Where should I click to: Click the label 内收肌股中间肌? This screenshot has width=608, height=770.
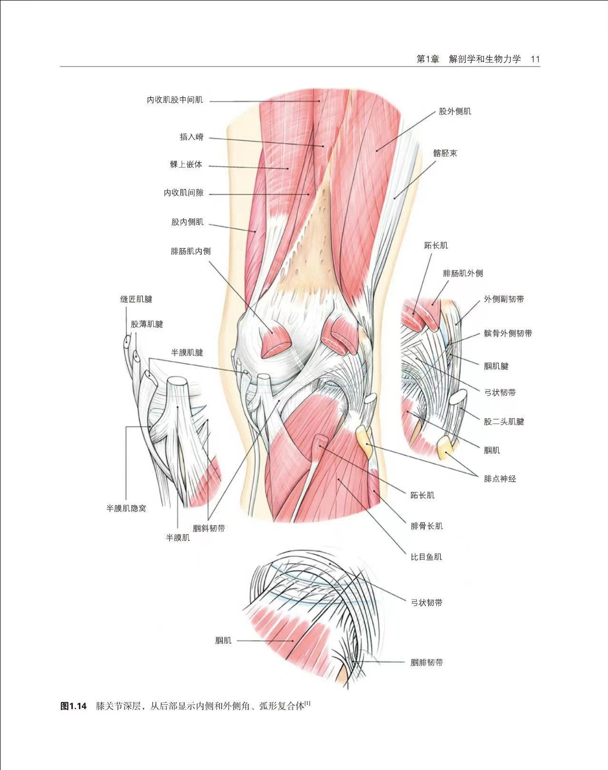click(x=175, y=100)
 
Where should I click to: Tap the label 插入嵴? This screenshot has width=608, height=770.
click(x=191, y=137)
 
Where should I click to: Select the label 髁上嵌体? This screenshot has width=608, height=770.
click(x=186, y=164)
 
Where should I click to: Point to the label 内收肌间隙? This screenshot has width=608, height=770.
click(x=184, y=192)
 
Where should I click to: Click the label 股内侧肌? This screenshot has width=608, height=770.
click(x=187, y=222)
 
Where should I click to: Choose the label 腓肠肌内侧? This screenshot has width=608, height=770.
click(x=190, y=251)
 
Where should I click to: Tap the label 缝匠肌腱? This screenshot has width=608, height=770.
click(x=136, y=299)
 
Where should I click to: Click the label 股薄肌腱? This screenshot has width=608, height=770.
click(x=147, y=324)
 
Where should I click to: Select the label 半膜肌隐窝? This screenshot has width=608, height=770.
click(x=126, y=508)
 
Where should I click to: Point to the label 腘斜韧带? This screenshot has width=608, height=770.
click(x=209, y=528)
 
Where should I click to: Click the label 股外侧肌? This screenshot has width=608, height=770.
click(x=455, y=111)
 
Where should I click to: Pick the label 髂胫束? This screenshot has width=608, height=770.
click(x=445, y=153)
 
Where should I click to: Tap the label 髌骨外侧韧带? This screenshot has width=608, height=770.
click(x=508, y=333)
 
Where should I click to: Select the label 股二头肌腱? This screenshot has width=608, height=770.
click(x=504, y=422)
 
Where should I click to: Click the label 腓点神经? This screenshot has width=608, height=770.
click(x=500, y=479)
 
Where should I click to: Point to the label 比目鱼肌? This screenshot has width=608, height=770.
click(x=426, y=557)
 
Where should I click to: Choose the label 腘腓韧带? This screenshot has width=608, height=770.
click(x=426, y=662)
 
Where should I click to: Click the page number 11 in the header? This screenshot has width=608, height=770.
click(x=535, y=59)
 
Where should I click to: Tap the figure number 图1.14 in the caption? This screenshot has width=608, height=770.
click(x=74, y=706)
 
